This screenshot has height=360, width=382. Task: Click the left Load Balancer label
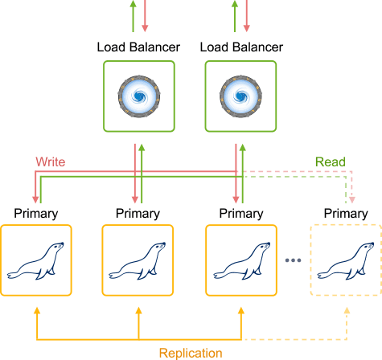(x=138, y=47)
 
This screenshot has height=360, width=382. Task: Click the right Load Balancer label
(x=241, y=47)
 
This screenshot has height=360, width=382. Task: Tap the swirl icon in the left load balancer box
(x=139, y=96)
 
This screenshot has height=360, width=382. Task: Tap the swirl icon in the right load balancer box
(x=240, y=96)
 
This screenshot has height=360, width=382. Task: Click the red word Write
(x=51, y=162)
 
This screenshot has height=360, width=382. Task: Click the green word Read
(x=331, y=162)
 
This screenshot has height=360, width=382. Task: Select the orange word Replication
(x=191, y=353)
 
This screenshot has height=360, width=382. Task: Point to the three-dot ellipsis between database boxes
(x=293, y=260)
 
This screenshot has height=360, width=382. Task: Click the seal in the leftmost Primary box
(x=35, y=261)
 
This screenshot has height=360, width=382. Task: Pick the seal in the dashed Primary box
(x=346, y=261)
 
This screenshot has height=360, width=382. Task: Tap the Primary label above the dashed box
(x=346, y=214)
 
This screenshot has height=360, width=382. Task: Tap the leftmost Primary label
(x=36, y=214)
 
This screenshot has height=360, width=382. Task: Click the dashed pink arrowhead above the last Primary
(x=352, y=200)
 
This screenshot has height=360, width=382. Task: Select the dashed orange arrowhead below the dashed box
(x=347, y=310)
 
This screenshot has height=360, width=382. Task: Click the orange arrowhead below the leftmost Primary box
(x=37, y=310)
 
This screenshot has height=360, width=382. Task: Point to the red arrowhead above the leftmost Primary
(x=35, y=200)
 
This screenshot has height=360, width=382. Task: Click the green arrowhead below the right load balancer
(x=243, y=148)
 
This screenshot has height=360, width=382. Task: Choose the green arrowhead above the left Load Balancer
(x=133, y=3)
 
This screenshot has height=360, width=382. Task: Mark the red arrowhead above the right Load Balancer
(x=247, y=28)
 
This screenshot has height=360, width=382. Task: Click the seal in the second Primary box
(x=138, y=261)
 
